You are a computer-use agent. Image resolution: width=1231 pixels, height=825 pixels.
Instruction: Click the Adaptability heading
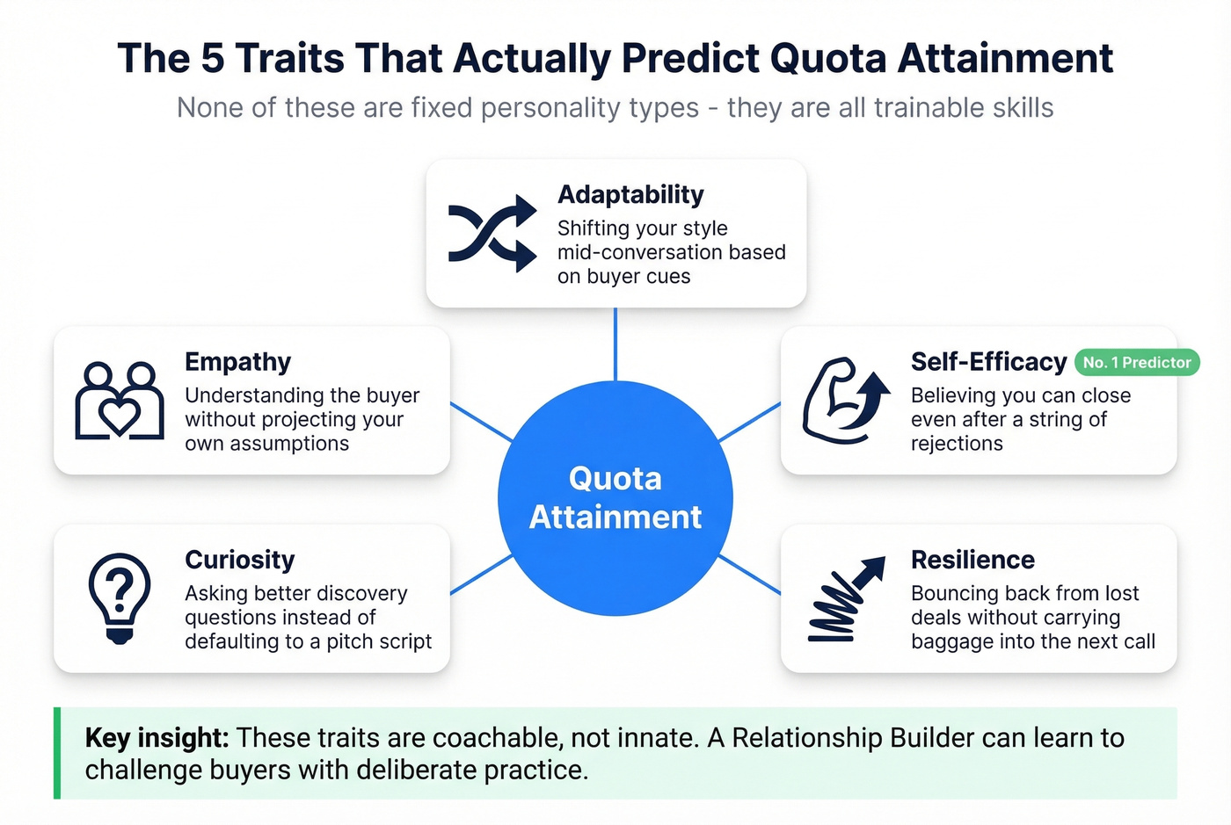[630, 195]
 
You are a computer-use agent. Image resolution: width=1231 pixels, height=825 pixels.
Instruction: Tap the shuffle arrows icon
[492, 233]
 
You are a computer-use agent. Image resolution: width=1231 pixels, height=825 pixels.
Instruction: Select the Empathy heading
[237, 362]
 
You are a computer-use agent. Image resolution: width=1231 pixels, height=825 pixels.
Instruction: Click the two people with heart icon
[120, 401]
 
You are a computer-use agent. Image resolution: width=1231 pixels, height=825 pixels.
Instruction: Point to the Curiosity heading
[239, 560]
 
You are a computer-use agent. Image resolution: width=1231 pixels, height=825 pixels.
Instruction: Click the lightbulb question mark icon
[120, 597]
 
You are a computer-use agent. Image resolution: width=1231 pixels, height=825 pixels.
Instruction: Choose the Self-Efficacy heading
[988, 362]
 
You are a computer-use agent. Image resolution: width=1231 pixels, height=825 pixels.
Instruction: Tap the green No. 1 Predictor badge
[1137, 362]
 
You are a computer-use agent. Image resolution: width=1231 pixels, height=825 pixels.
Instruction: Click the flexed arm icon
[845, 400]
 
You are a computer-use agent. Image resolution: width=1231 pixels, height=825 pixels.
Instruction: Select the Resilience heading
[972, 560]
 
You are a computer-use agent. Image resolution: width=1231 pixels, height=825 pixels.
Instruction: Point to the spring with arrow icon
[845, 598]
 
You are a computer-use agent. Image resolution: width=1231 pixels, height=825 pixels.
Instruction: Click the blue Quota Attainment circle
[615, 498]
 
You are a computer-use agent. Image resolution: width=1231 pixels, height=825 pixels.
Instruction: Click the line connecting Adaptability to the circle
[615, 344]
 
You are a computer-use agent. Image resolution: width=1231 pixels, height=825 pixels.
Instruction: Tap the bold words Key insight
[157, 738]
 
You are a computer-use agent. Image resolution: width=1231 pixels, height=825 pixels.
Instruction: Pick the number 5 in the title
[212, 59]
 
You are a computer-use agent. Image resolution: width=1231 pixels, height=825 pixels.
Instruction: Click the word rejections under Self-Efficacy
[957, 444]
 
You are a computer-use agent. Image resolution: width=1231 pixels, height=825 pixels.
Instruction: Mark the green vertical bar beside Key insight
[57, 753]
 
